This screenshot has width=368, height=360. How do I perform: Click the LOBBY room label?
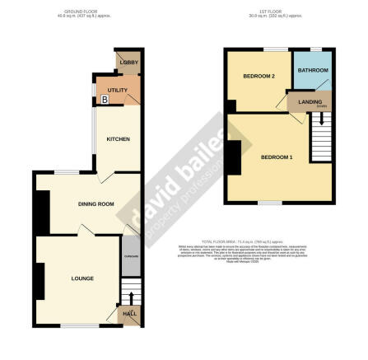[128, 63]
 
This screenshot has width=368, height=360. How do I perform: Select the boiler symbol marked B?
[105, 99]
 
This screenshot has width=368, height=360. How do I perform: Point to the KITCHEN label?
[118, 138]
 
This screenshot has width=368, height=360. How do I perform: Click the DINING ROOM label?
[95, 203]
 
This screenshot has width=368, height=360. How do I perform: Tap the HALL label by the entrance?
[130, 314]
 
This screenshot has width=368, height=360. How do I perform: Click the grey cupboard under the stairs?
[130, 257]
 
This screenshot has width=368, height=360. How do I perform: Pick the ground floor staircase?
[129, 291]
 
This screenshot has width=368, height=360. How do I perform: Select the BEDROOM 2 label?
[259, 77]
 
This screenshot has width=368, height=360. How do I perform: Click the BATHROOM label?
[313, 71]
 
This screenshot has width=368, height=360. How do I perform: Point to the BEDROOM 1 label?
[277, 157]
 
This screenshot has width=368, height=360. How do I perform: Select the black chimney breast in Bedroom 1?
[234, 157]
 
